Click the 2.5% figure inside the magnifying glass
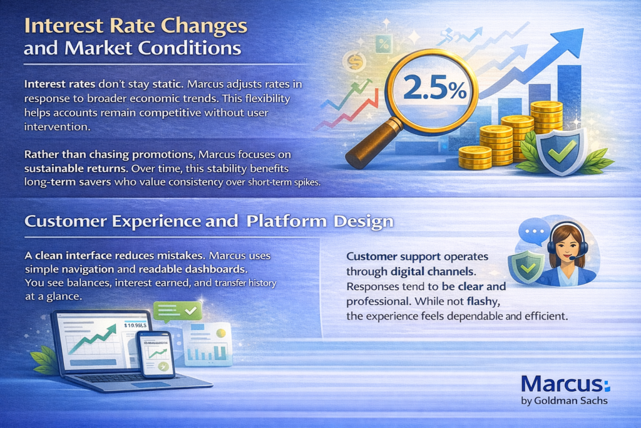click(435, 89)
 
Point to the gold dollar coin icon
click(354, 62)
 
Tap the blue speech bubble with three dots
click(534, 231)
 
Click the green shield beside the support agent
click(526, 266)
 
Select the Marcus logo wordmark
click(565, 384)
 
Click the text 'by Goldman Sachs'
click(564, 400)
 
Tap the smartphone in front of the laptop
click(155, 353)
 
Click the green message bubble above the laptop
click(178, 311)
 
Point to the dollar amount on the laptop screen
click(135, 325)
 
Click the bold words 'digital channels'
click(432, 271)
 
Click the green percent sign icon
click(384, 44)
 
